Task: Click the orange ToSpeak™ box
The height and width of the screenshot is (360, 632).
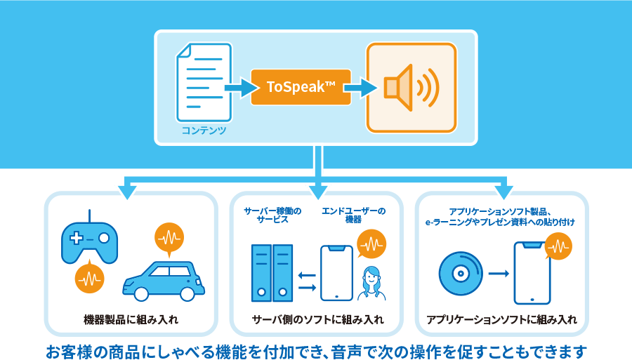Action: point(301,87)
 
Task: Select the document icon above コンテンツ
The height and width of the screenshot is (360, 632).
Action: point(204,81)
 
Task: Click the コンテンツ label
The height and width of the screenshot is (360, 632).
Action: point(204,131)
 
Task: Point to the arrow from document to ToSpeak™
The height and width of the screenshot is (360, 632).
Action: point(240,88)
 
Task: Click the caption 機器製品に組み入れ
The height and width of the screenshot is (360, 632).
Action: point(131,320)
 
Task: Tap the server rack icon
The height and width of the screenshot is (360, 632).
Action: point(272,273)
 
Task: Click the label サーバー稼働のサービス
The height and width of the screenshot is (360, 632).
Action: point(272,215)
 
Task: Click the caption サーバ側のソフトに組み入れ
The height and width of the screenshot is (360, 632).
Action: point(317,320)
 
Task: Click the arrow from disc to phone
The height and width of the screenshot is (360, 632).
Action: point(499,273)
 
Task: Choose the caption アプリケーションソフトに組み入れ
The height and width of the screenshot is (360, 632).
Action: point(501,320)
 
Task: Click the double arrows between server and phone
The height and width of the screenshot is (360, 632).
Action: point(307,281)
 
